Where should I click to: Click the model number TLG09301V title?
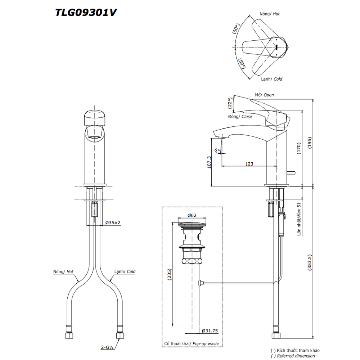point(86,12)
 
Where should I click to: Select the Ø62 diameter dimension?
point(192,215)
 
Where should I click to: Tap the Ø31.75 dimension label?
point(210,331)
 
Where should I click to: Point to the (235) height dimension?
point(170,274)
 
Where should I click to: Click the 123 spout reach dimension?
point(249,164)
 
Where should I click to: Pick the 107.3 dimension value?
point(209,162)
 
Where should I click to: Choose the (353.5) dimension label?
point(310,262)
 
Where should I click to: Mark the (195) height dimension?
point(310,143)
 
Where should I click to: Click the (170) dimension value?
point(299,148)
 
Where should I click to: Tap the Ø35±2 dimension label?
point(113,222)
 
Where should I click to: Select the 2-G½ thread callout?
point(107,347)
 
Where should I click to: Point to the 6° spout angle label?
point(217,150)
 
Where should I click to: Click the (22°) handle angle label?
point(230,103)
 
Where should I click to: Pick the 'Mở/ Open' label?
point(264,95)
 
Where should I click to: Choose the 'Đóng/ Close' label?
point(240,117)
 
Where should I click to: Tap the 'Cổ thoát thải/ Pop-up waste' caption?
point(192,344)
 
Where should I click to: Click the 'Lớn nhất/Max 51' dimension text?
point(299,219)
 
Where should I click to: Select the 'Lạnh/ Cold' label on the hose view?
point(125,271)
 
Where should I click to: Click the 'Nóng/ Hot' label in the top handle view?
point(270,14)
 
